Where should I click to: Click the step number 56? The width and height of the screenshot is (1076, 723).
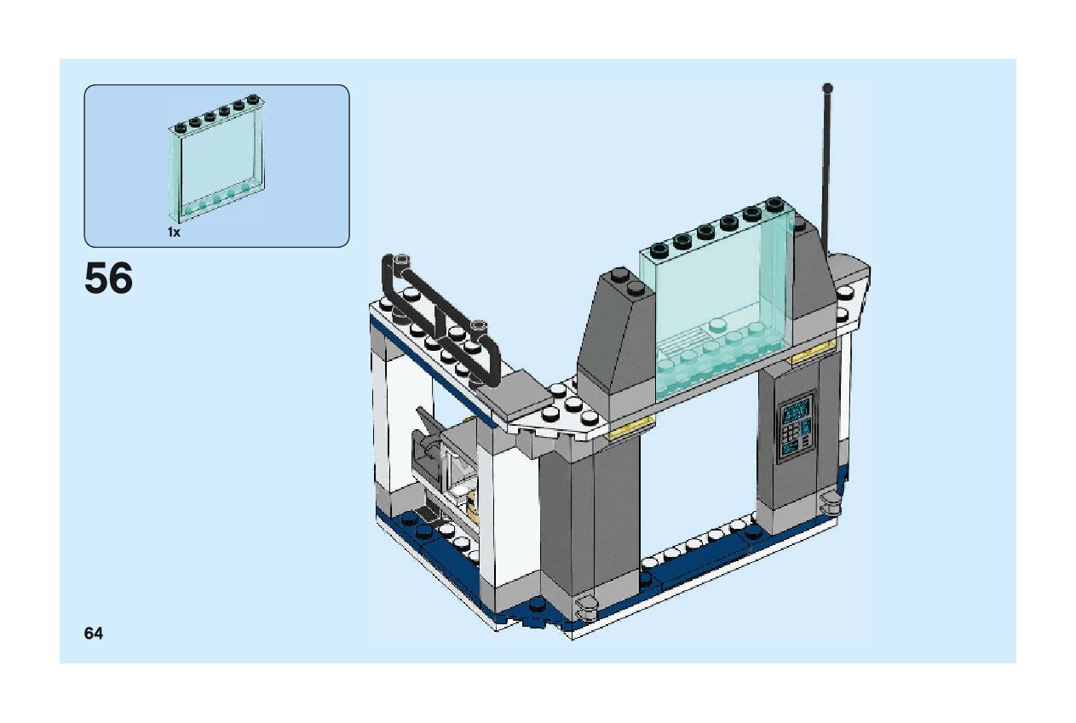(x=109, y=278)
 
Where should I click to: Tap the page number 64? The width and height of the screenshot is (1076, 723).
(x=94, y=633)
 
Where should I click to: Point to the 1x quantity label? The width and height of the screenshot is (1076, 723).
(x=174, y=232)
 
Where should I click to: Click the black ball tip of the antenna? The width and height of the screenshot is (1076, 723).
(x=827, y=87)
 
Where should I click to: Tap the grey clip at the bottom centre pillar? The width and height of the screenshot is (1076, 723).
(x=587, y=607)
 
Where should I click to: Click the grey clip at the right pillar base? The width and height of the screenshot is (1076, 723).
(x=829, y=502)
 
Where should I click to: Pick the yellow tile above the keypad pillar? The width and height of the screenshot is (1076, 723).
(x=813, y=350)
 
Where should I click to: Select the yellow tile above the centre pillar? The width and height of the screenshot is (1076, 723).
(x=631, y=425)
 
